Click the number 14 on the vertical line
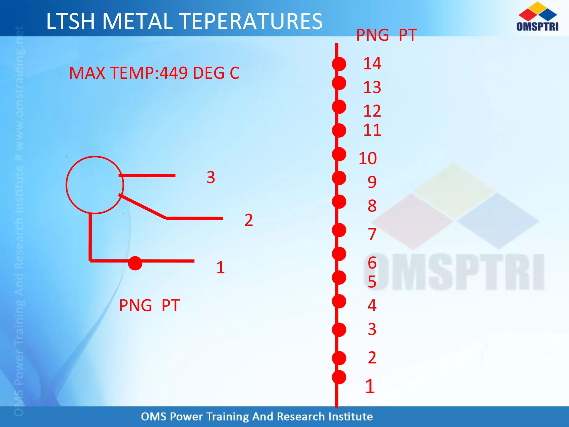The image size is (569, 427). point(372,64)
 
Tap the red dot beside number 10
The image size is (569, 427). point(339,154)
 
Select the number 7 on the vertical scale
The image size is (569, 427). point(372,234)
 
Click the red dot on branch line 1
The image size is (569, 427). point(135,263)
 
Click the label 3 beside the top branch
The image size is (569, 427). point(211,177)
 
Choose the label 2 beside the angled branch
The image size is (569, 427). point(249,220)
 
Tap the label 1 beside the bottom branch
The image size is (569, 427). point(220,267)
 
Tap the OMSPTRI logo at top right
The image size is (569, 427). point(537,17)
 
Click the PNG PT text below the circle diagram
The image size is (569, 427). point(149,306)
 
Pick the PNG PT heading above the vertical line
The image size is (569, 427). point(386,35)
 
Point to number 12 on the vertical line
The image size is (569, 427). point(372,111)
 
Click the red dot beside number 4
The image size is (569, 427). point(339,301)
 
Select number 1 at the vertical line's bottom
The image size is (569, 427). point(370,386)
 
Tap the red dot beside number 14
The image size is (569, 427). point(339,64)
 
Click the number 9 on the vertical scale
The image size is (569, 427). point(372,182)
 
